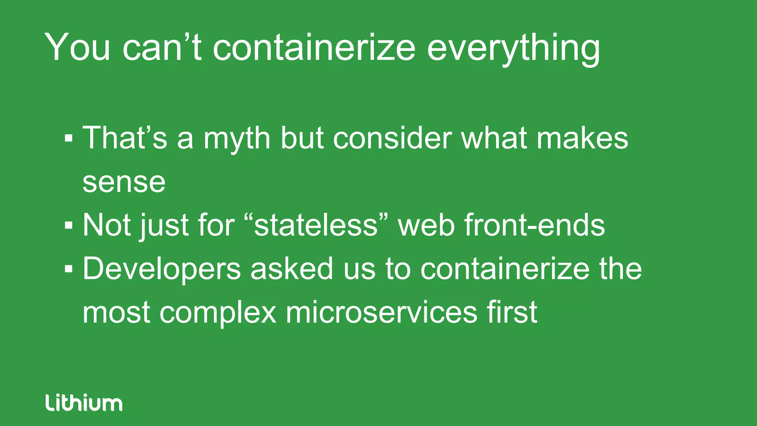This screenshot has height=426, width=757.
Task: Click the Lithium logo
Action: click(x=84, y=402)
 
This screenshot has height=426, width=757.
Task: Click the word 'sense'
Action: click(x=124, y=182)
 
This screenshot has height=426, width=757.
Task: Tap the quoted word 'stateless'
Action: click(x=316, y=225)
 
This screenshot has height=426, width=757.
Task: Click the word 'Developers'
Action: click(x=162, y=269)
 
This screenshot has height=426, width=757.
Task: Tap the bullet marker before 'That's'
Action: click(x=68, y=138)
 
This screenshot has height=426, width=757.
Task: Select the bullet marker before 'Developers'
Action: click(x=68, y=268)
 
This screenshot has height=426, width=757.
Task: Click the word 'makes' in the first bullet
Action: click(x=582, y=138)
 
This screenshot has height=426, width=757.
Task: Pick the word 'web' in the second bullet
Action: click(x=426, y=225)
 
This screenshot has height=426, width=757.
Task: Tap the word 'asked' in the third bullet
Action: click(x=292, y=268)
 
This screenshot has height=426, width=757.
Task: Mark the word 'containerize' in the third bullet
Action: click(x=505, y=268)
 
